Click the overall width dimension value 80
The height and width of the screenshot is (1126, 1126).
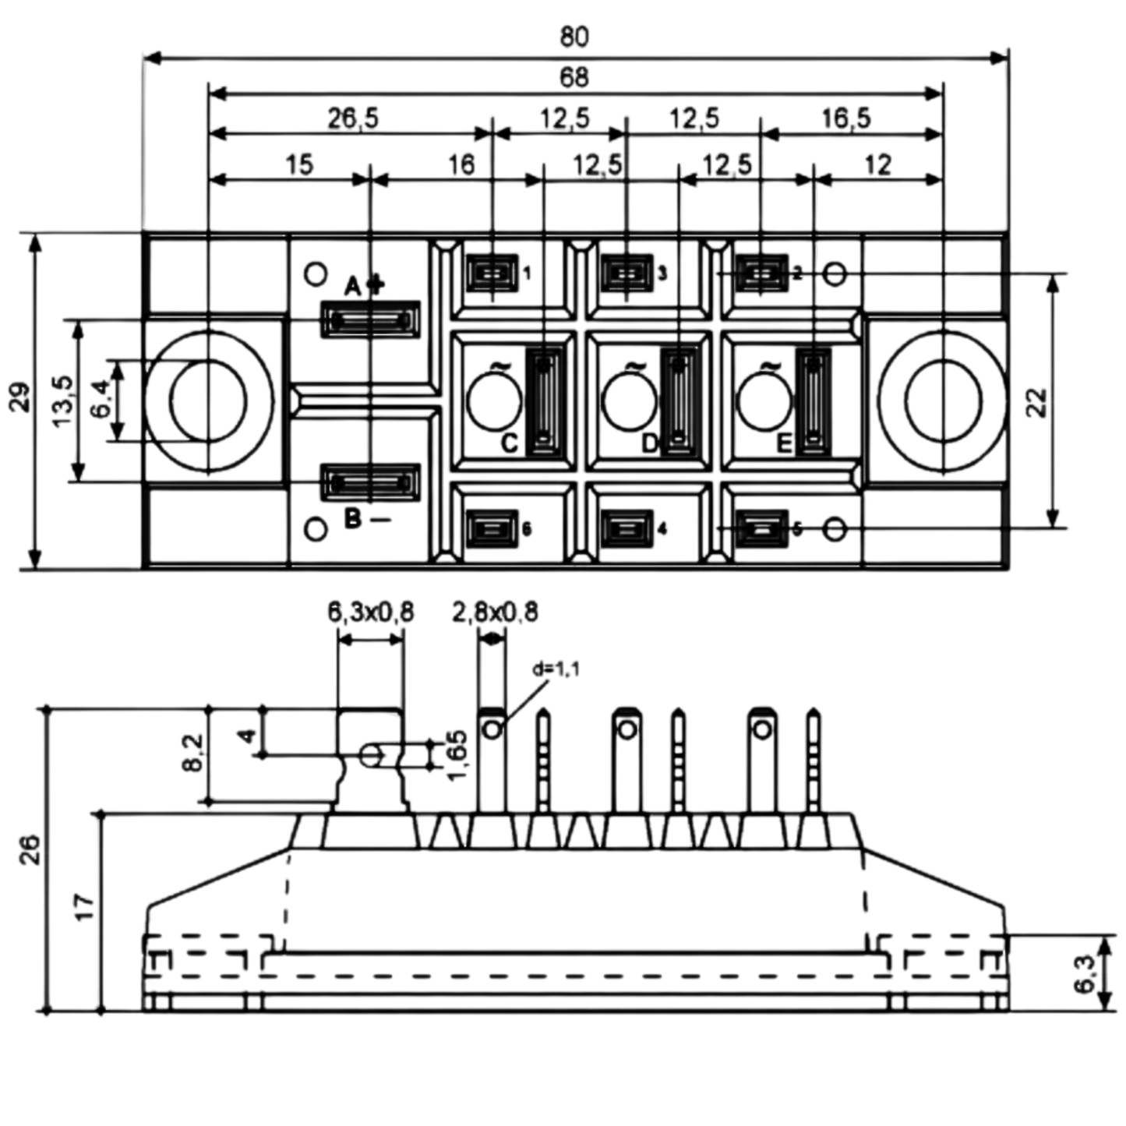coord(574,37)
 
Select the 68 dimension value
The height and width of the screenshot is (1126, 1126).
coord(574,78)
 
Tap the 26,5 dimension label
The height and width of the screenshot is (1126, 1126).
coord(353,118)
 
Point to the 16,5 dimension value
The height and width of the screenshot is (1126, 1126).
coord(846,118)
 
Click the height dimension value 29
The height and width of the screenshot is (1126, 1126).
coord(22,397)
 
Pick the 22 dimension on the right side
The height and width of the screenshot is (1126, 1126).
coord(1037,403)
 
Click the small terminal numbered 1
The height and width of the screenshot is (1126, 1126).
coord(492,274)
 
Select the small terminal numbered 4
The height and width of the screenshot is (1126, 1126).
coord(627,529)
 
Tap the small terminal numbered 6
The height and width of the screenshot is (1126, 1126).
coord(492,529)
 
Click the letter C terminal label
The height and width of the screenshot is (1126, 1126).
coord(510,443)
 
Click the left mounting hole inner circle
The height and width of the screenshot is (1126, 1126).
coord(209,401)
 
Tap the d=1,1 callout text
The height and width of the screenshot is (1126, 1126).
coord(556,669)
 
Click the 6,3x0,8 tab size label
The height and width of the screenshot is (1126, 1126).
coord(370,612)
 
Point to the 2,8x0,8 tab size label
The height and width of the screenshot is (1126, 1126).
coord(495,612)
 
